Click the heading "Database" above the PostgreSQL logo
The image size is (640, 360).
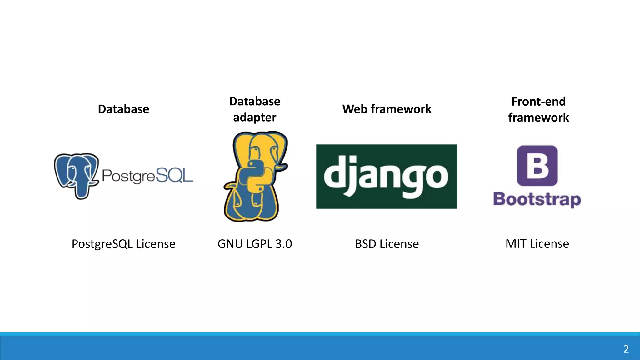click(x=123, y=109)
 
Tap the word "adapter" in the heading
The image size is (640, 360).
click(x=255, y=117)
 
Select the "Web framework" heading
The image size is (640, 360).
click(x=387, y=109)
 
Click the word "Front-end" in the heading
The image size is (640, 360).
click(x=538, y=102)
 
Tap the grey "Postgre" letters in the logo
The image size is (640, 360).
click(x=128, y=176)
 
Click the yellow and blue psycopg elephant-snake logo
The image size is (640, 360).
click(x=256, y=177)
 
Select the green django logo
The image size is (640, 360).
click(x=387, y=176)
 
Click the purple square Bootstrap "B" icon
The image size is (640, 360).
click(x=537, y=166)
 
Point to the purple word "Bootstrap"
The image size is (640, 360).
click(x=537, y=199)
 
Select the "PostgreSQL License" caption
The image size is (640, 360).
click(x=123, y=244)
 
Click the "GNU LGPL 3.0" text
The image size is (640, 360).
click(x=255, y=244)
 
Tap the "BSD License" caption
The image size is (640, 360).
click(x=387, y=244)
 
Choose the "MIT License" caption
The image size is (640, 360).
click(x=537, y=244)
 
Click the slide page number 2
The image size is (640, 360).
click(x=626, y=349)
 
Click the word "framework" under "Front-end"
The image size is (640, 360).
click(x=538, y=117)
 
